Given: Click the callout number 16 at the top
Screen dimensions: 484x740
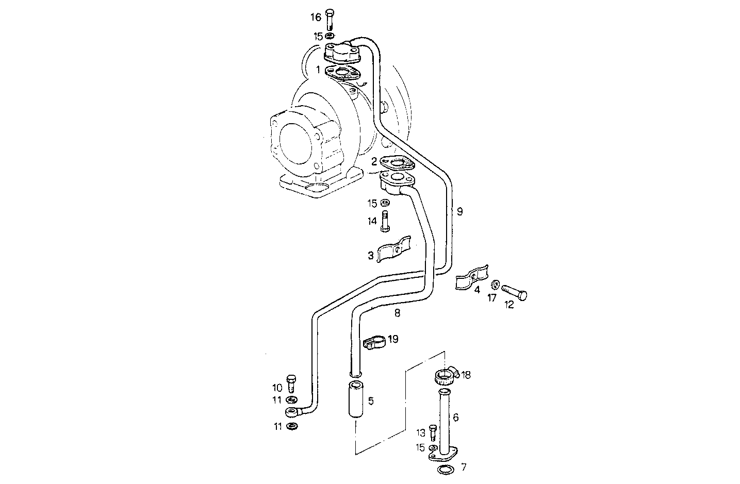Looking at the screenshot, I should (315, 18).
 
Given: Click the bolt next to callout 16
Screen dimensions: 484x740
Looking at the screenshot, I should (330, 20).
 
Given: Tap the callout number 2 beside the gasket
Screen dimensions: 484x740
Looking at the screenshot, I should (374, 161).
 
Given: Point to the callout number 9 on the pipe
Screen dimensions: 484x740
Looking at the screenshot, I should (459, 211).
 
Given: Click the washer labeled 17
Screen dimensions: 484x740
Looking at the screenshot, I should (495, 285).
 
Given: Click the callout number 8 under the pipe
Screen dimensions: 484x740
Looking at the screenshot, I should (397, 312).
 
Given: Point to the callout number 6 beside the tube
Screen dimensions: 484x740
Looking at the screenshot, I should (455, 417).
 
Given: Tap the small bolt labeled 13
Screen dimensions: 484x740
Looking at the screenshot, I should (433, 432).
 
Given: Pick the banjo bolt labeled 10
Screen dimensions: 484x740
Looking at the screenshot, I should (291, 383).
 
